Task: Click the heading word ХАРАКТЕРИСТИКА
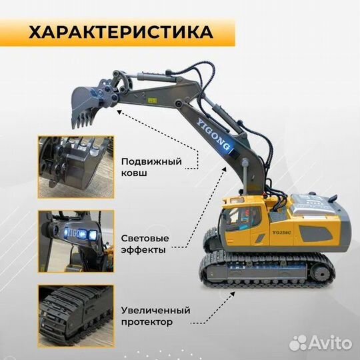coord(121,31)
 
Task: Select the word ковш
coord(135,173)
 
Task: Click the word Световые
coord(145,237)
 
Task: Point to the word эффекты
coord(144,249)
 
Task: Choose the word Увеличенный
coord(156,311)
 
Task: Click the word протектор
coord(147,323)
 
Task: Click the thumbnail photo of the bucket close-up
coord(75,167)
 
